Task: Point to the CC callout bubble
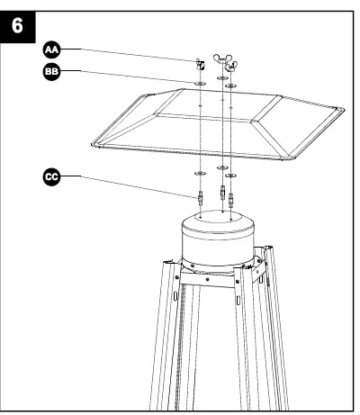(x=48, y=176)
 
